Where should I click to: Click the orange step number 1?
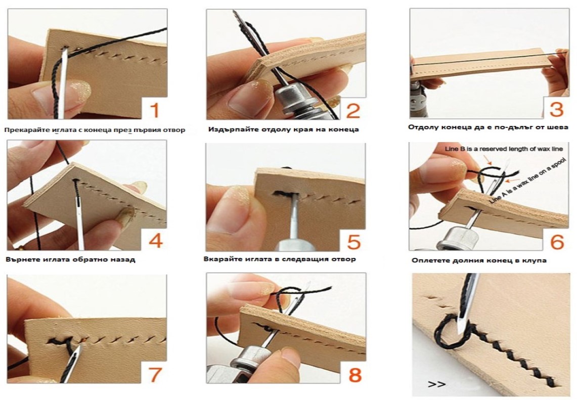pyautogui.click(x=155, y=110)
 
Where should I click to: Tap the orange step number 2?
pyautogui.click(x=353, y=111)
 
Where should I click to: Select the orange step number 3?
pyautogui.click(x=556, y=109)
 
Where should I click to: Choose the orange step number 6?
pyautogui.click(x=557, y=242)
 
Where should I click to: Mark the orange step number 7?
pyautogui.click(x=155, y=374)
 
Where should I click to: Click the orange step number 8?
pyautogui.click(x=354, y=375)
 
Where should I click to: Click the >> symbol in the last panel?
pyautogui.click(x=437, y=384)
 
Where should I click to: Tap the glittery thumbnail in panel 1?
pyautogui.click(x=80, y=90)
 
